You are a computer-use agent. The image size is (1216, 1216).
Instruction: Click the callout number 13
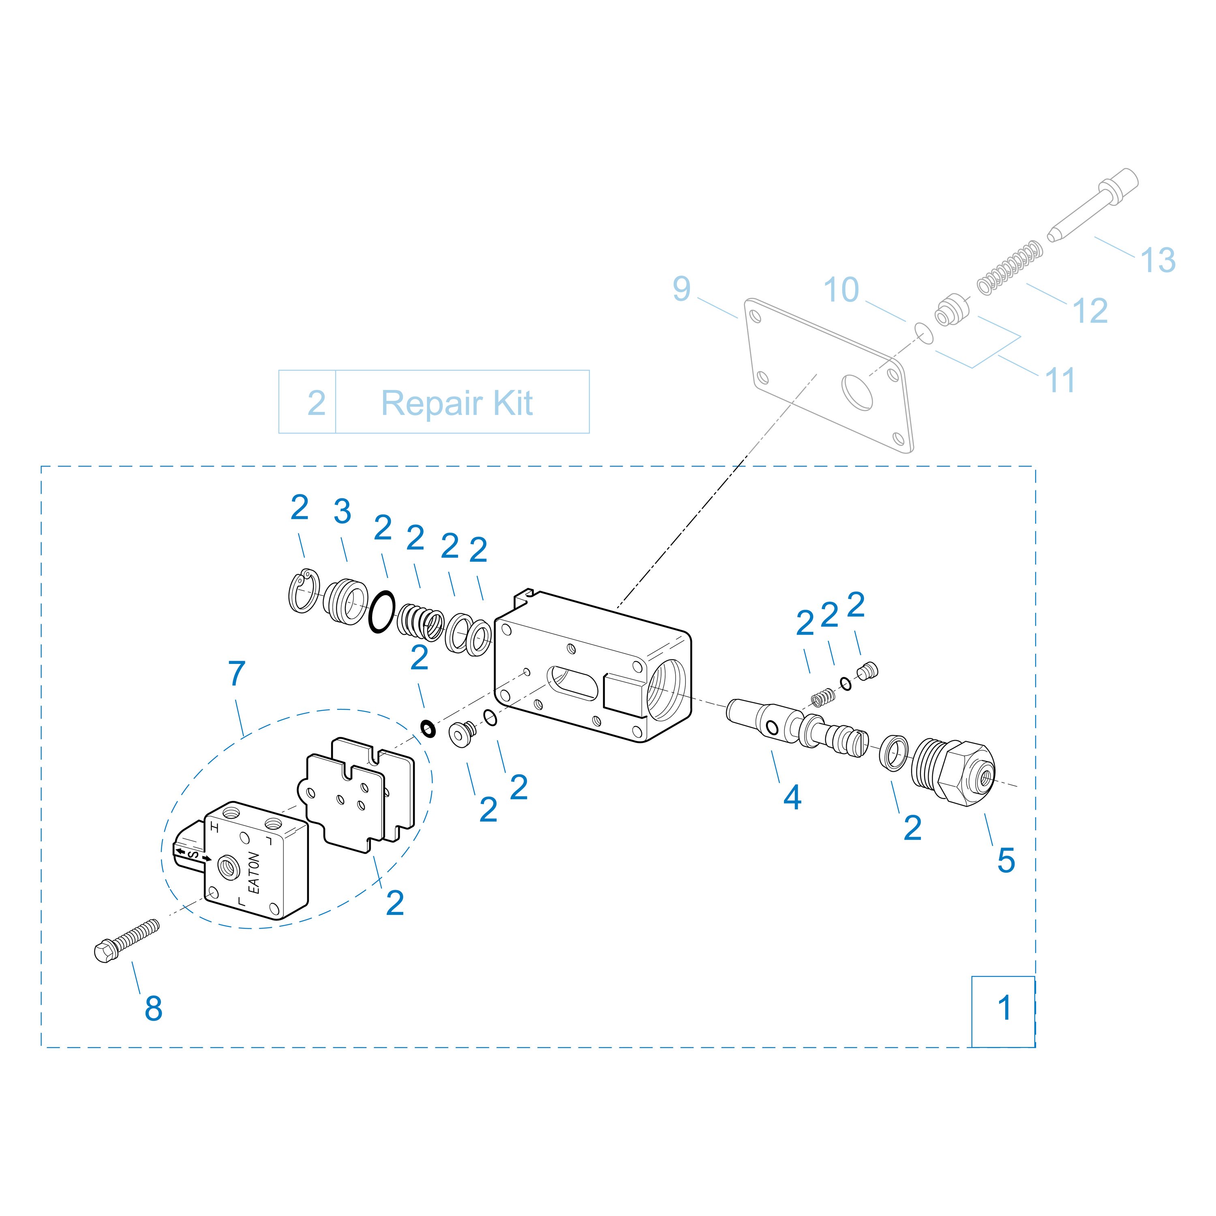pyautogui.click(x=1158, y=260)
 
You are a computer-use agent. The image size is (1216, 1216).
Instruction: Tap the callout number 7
pyautogui.click(x=237, y=673)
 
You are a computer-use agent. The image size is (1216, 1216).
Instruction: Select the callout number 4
pyautogui.click(x=792, y=797)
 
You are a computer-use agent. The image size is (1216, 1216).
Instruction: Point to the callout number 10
pyautogui.click(x=841, y=289)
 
